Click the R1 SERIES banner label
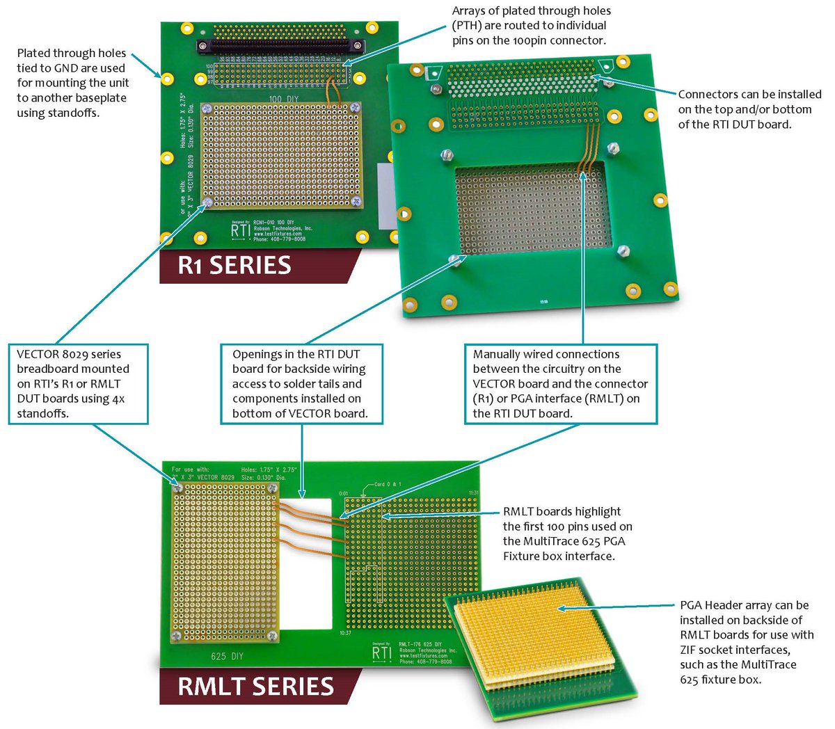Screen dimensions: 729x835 coord(235,266)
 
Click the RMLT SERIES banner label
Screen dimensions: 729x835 coord(255,686)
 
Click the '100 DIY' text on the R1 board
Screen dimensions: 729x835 coord(283,99)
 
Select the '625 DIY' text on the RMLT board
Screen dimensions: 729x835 coord(227,656)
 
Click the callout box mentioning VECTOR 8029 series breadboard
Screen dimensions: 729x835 coord(78,384)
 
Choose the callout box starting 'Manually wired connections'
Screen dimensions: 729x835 coord(560,384)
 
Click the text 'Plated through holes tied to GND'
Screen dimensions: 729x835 coord(72,83)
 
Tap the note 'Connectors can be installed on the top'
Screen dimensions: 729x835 coord(749,109)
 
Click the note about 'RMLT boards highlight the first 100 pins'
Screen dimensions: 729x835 coord(567,534)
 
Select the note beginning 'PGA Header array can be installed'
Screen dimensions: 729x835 coord(746,642)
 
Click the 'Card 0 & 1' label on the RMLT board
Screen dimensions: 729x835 coord(388,484)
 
